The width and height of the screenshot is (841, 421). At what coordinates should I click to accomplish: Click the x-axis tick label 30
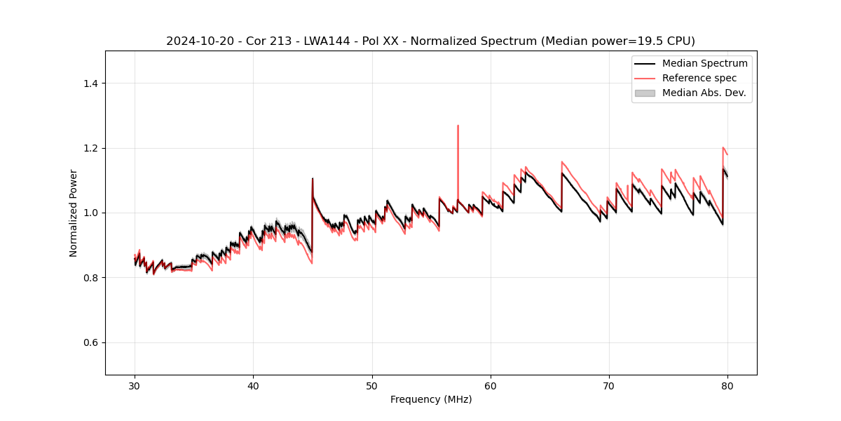pyautogui.click(x=135, y=385)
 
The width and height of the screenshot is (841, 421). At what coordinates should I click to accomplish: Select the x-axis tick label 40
pyautogui.click(x=253, y=385)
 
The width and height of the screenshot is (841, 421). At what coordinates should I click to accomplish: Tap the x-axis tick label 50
pyautogui.click(x=372, y=385)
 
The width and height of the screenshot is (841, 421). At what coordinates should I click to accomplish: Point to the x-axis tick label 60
pyautogui.click(x=491, y=385)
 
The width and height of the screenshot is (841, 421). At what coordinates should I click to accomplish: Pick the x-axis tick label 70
pyautogui.click(x=609, y=385)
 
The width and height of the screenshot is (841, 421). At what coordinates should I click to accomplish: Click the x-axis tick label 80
pyautogui.click(x=727, y=385)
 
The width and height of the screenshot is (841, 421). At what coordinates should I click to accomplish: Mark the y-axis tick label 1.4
pyautogui.click(x=90, y=83)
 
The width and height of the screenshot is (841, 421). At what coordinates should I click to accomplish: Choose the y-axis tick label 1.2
pyautogui.click(x=90, y=148)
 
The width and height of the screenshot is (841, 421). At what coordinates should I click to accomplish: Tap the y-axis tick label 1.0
pyautogui.click(x=90, y=213)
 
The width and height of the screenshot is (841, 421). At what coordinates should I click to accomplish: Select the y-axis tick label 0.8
pyautogui.click(x=90, y=278)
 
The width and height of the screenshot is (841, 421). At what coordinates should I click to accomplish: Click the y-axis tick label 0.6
pyautogui.click(x=90, y=342)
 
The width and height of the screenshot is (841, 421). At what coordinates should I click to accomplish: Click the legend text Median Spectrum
pyautogui.click(x=704, y=63)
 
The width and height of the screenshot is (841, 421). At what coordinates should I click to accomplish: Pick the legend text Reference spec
pyautogui.click(x=699, y=78)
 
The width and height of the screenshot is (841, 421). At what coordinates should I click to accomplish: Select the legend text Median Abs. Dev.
pyautogui.click(x=704, y=93)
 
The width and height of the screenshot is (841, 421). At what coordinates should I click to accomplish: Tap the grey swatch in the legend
pyautogui.click(x=645, y=93)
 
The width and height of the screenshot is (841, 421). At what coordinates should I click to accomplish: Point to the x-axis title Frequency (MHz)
pyautogui.click(x=431, y=399)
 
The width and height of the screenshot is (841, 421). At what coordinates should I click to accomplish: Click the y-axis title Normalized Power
pyautogui.click(x=74, y=213)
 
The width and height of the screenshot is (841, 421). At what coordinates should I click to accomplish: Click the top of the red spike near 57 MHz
pyautogui.click(x=458, y=126)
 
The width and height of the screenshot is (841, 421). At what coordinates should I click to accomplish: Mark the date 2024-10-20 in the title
pyautogui.click(x=199, y=41)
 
